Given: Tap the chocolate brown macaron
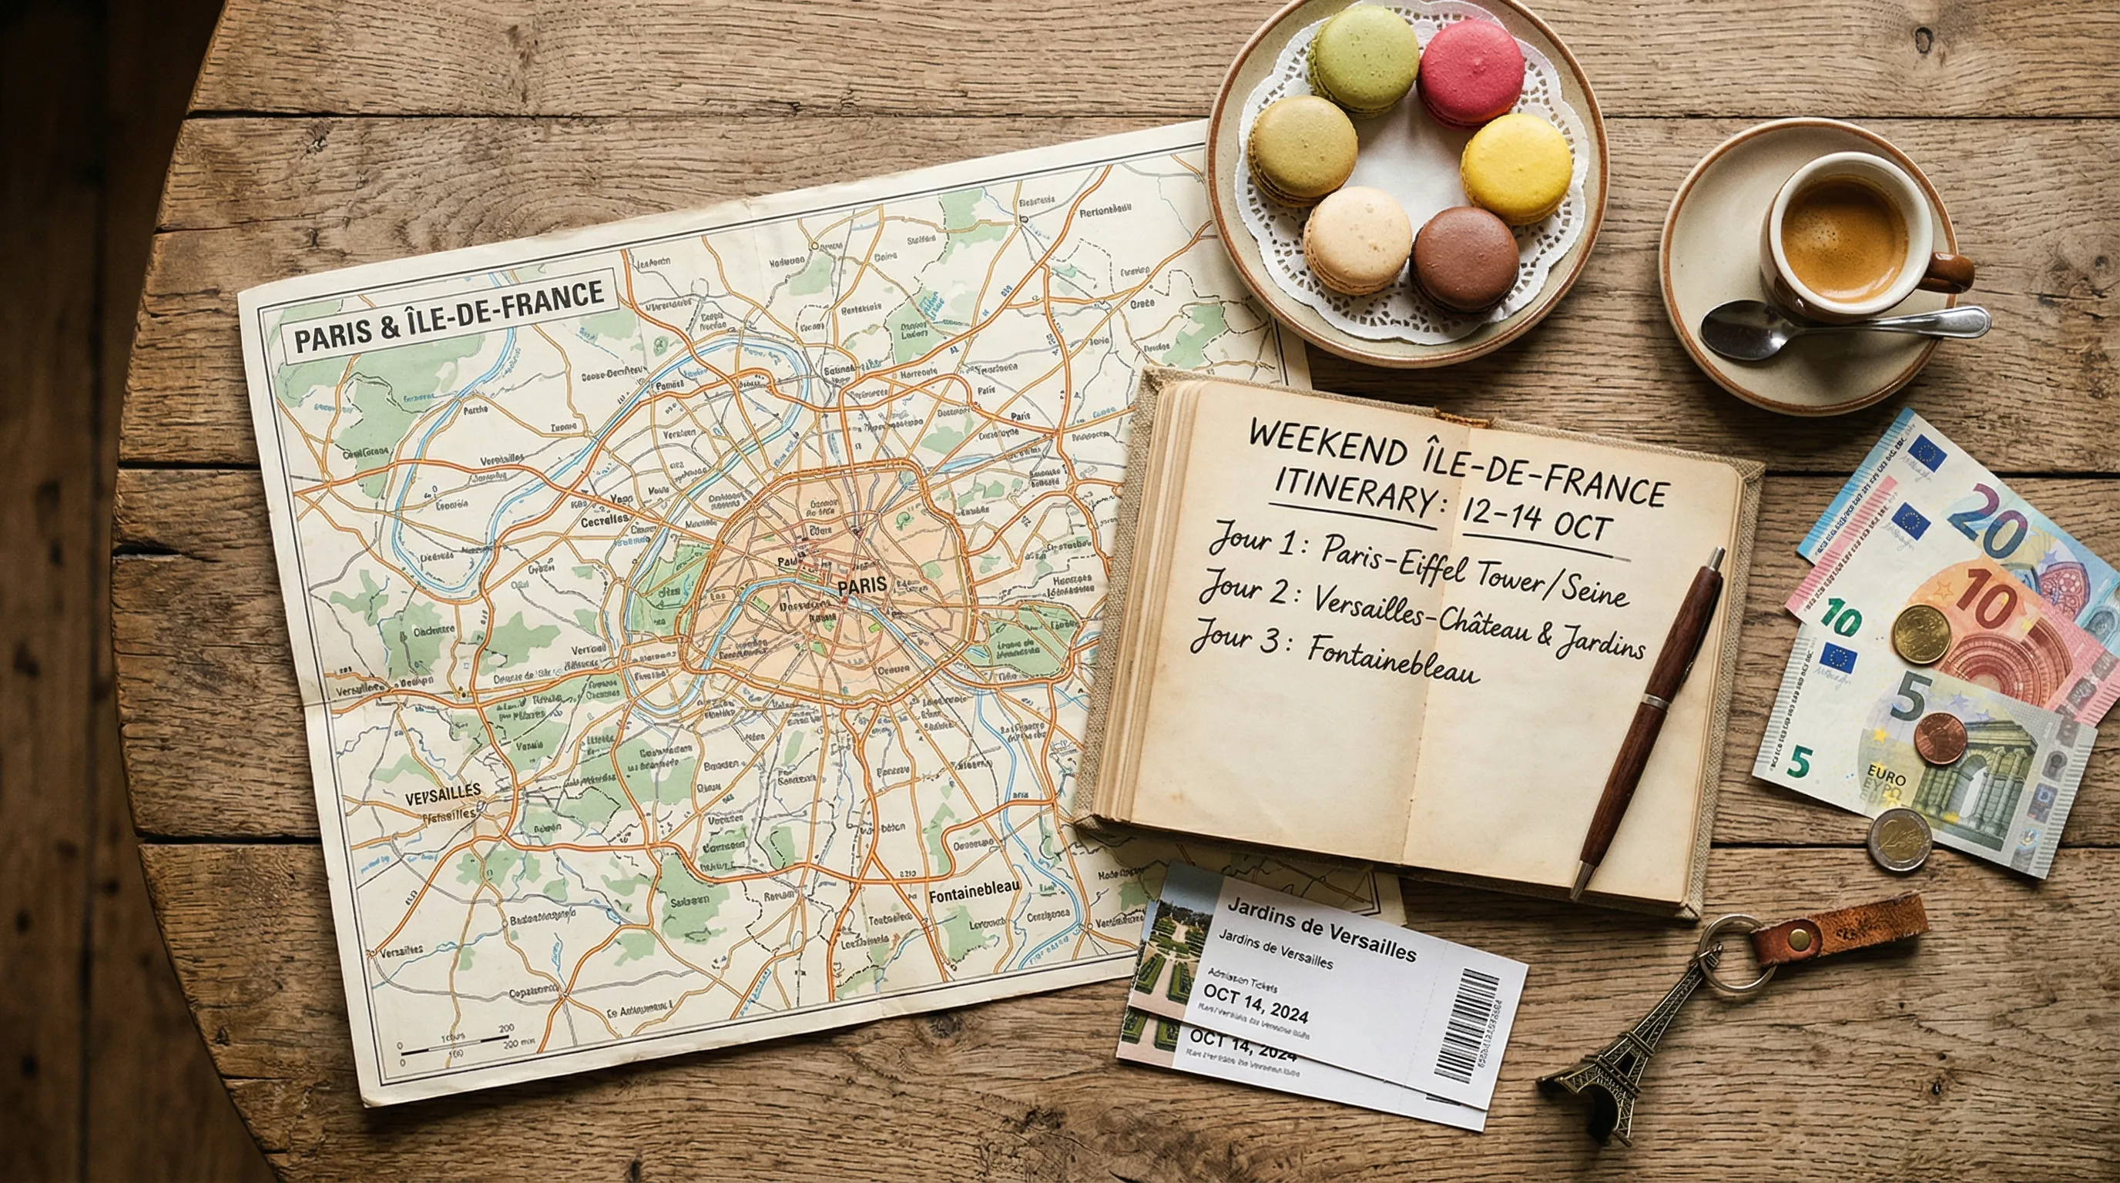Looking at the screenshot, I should click(x=1465, y=258).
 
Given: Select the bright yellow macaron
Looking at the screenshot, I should click(x=1516, y=168).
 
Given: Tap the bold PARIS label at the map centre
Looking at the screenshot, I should click(x=862, y=587).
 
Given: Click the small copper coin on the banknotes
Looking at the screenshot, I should click(x=1939, y=738).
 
